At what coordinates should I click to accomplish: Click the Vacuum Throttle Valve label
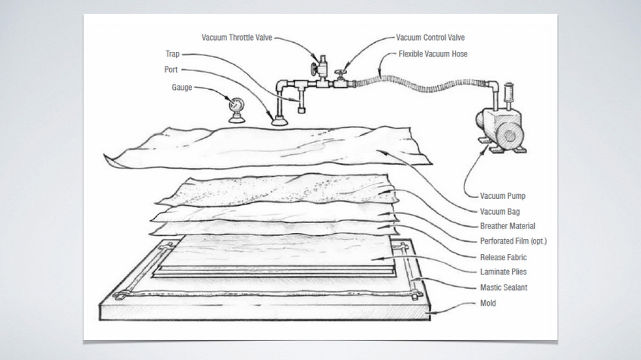(237, 37)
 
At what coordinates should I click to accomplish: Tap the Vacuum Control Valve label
(430, 37)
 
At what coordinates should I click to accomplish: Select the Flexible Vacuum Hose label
(433, 54)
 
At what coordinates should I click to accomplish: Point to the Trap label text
(173, 54)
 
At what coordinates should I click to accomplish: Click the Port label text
(171, 70)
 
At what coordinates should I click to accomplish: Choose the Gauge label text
(182, 87)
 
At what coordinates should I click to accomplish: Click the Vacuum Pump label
(502, 196)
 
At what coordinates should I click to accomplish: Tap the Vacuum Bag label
(499, 212)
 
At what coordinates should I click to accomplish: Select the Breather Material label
(507, 226)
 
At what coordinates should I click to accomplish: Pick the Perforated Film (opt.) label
(513, 241)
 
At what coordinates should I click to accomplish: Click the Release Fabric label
(503, 257)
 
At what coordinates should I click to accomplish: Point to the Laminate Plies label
(503, 272)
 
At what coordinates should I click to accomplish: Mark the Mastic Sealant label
(503, 287)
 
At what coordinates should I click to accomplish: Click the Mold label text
(488, 303)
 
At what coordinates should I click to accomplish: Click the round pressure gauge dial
(236, 105)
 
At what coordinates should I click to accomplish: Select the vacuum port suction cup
(279, 121)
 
